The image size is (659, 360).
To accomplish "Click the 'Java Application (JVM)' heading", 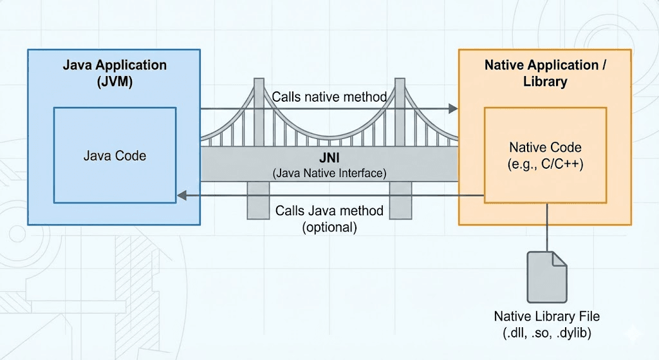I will point(115,73).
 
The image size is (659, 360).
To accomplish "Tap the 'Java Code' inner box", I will point(115,155).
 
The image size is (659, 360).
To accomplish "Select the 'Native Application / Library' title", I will point(544,73).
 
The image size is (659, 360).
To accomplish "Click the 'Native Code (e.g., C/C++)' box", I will point(545,155).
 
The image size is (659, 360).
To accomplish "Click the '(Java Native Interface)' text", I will point(329,173).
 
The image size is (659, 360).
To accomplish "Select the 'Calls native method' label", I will point(329,97).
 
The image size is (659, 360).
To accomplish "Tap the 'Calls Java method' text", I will point(329,211).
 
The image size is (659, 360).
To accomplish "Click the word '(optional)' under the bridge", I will point(329,227).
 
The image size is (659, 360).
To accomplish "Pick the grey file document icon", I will point(547,277).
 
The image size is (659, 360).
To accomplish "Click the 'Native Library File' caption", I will point(547,316).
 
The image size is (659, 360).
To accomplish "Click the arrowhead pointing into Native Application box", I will point(452,109).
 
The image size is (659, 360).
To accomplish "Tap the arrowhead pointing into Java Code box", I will point(182,195).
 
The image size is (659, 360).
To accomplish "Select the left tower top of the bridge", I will point(258,84).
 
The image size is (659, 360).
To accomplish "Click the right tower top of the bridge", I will point(400,84).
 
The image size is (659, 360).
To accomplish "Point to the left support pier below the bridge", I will point(258,200).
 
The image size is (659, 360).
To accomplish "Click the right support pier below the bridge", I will point(400,200).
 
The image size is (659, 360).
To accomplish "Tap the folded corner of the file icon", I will point(559,258).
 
